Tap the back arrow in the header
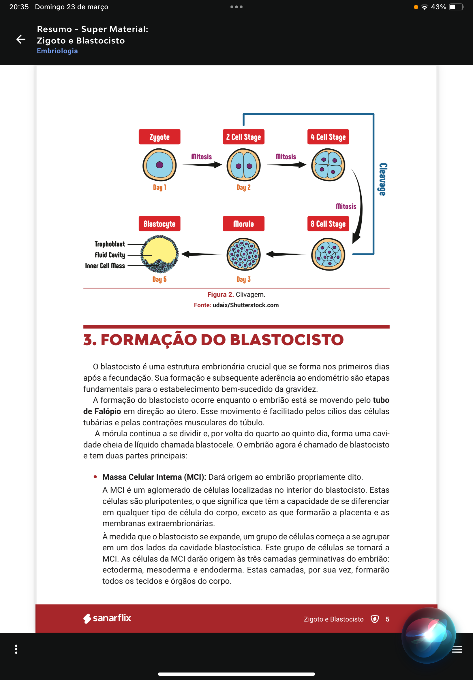coord(21,39)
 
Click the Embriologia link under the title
coord(57,51)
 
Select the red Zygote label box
coord(159,137)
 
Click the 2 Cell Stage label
coord(243,137)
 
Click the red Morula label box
coord(243,224)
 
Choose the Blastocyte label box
coord(159,224)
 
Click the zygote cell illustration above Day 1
coord(159,165)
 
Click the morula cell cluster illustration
coord(243,254)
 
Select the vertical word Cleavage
coord(383,180)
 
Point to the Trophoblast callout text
coord(110,244)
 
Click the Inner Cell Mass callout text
coord(105,266)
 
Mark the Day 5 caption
coord(159,279)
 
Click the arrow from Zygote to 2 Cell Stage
coord(202,164)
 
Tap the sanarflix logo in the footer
coord(107,618)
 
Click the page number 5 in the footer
coord(387,619)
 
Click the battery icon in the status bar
coord(456,7)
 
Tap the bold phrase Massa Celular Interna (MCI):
coord(154,477)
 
